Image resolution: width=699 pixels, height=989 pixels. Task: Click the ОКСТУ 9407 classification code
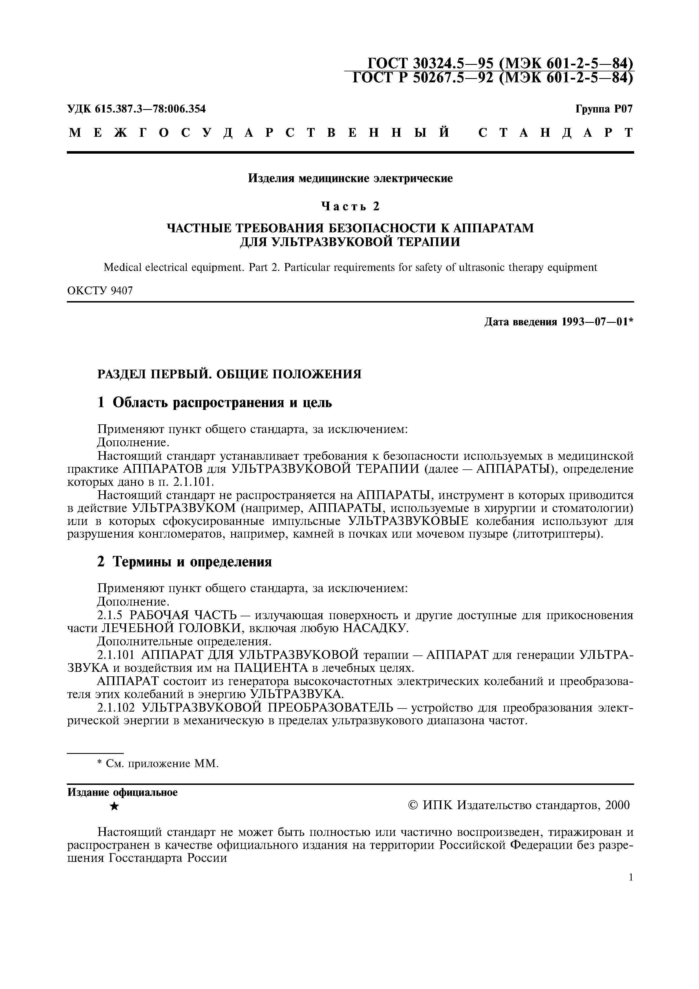100,291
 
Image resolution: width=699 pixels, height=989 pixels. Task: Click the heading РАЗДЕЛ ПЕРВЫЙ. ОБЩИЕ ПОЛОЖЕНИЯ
229,374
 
